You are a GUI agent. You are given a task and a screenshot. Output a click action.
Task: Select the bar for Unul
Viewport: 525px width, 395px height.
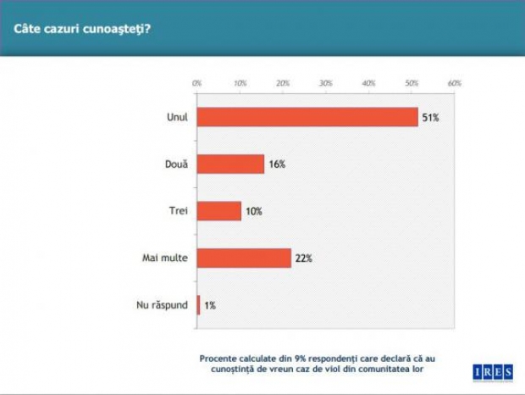[x=307, y=117]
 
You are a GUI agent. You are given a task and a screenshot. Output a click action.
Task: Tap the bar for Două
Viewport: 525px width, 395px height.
[x=230, y=164]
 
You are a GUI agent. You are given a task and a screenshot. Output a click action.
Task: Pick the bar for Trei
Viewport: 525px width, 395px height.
[x=218, y=210]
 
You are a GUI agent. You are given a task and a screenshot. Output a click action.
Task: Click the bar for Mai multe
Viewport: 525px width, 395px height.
[x=244, y=257]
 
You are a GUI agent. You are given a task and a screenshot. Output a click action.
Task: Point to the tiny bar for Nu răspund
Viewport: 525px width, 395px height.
[x=199, y=303]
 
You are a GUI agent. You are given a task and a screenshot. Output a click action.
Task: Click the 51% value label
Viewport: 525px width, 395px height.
[x=430, y=118]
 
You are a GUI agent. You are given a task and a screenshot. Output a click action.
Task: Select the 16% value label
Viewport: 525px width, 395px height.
[x=276, y=164]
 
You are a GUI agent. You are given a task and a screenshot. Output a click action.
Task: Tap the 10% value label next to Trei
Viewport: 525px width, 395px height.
[x=253, y=211]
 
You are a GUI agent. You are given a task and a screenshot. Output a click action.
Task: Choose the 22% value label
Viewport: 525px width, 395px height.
[x=304, y=258]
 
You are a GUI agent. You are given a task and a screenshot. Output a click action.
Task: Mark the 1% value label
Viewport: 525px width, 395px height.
[x=209, y=304]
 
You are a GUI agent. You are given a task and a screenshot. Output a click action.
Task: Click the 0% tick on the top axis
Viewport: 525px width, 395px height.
[x=196, y=83]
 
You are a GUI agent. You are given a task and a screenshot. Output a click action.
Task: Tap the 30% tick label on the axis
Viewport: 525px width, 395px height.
[x=325, y=83]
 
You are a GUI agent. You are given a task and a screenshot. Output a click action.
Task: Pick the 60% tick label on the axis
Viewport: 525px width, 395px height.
[x=454, y=83]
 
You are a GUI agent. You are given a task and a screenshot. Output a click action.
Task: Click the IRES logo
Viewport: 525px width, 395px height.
[x=492, y=372]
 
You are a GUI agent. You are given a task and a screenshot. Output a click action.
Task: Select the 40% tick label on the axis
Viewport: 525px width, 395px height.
[x=368, y=83]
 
